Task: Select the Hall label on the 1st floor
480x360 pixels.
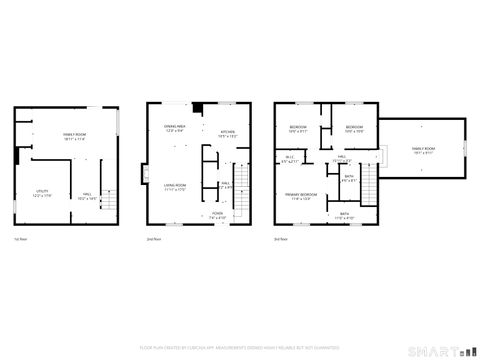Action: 87,196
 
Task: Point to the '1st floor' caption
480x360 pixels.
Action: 20,239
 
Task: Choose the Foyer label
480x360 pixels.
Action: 217,215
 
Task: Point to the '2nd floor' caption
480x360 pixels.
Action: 153,239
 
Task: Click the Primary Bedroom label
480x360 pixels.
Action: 301,196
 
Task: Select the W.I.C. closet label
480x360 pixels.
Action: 289,159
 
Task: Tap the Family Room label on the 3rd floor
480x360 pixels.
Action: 423,150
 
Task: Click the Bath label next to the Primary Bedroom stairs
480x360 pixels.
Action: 348,179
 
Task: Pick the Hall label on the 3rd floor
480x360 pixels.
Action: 341,158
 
